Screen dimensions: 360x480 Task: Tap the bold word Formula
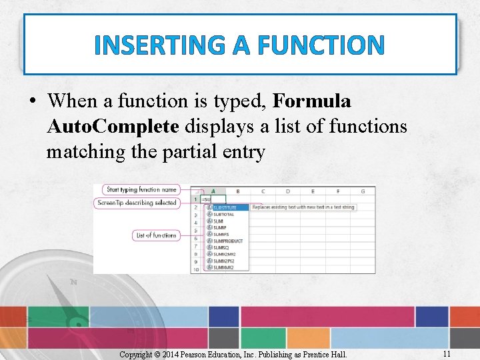click(312, 101)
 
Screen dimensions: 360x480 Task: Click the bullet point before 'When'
click(32, 102)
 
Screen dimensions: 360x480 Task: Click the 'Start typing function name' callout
click(141, 190)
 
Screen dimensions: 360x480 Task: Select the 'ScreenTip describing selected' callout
click(137, 202)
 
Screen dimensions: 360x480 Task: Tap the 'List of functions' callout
click(155, 235)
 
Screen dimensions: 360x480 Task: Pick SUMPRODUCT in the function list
click(227, 241)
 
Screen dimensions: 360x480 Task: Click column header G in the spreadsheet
click(362, 191)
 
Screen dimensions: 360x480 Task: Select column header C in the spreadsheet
click(263, 191)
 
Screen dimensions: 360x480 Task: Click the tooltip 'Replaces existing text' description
click(303, 207)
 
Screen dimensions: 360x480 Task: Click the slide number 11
click(447, 354)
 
